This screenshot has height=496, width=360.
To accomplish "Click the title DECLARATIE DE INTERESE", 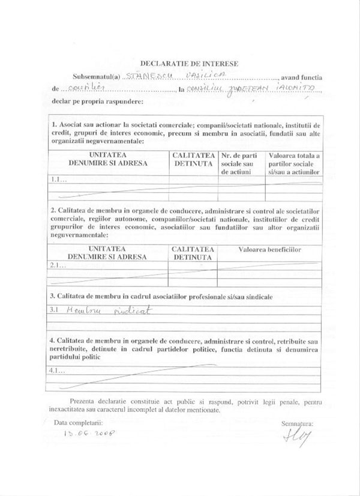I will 189,62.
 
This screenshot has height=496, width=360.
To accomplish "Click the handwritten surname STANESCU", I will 148,77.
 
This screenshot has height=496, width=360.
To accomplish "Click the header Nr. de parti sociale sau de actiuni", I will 240,163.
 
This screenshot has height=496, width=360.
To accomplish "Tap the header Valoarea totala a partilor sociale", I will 294,163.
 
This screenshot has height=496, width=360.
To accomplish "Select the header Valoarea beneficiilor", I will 269,249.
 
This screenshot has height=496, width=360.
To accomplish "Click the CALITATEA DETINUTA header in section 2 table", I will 193,253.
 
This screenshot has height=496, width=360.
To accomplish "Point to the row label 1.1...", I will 58,179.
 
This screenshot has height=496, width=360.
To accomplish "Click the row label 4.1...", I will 58,370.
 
